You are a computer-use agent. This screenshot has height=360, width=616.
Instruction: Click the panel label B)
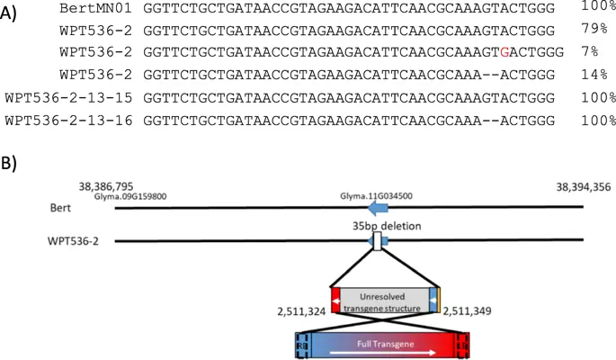pyautogui.click(x=13, y=167)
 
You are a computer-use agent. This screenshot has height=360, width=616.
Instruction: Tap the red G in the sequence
pyautogui.click(x=508, y=53)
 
